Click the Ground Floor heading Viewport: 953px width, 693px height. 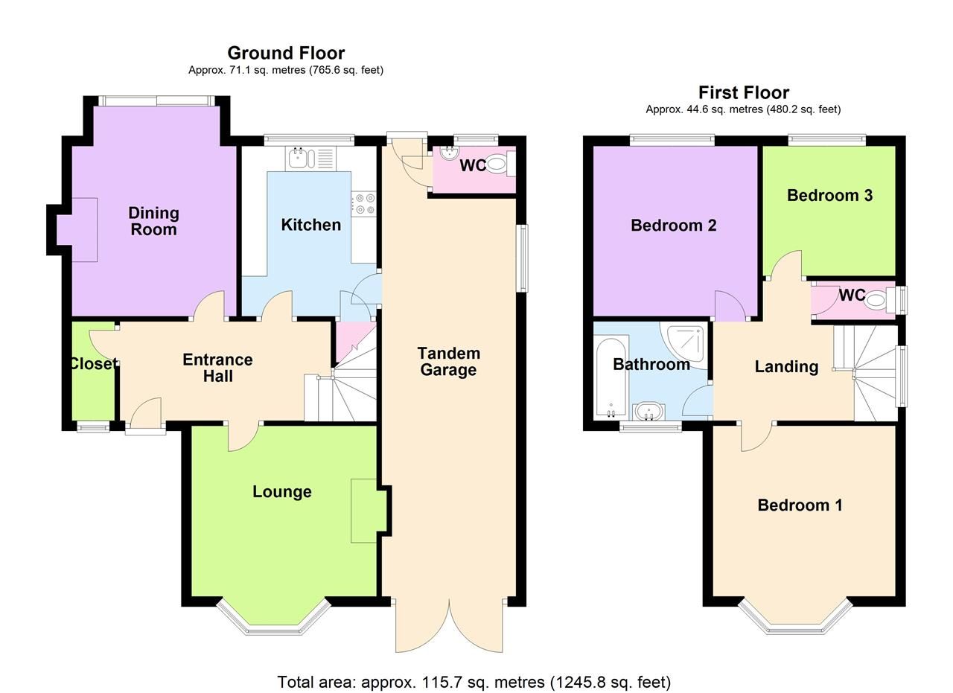point(286,53)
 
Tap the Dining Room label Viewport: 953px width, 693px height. point(153,221)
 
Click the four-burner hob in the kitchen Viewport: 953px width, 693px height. point(364,204)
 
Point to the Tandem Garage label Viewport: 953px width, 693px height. point(447,362)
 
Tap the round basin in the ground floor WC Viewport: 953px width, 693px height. point(449,153)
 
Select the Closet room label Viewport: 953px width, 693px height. point(92,364)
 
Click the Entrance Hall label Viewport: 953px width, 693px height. point(217,368)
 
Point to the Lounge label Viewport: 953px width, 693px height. point(281,492)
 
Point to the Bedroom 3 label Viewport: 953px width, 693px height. point(829,195)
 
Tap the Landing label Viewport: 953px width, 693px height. point(786,366)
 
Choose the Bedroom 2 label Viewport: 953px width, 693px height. point(673,226)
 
